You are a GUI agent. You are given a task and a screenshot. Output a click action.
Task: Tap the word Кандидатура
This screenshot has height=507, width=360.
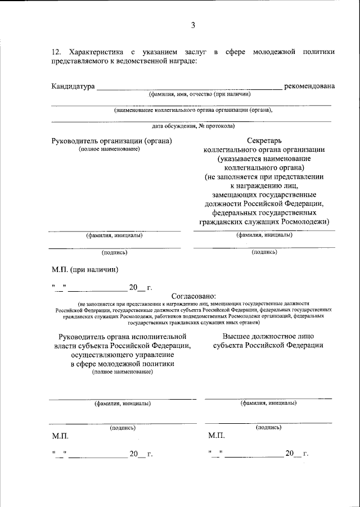[73, 86]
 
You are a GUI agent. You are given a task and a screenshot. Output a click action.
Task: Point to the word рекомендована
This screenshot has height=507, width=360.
[309, 86]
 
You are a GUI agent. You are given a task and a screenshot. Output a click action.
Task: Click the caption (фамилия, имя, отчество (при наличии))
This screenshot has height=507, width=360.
[191, 94]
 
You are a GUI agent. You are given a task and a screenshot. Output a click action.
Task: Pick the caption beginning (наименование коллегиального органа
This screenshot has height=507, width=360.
[192, 110]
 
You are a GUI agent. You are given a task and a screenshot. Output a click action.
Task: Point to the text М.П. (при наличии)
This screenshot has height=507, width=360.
[85, 269]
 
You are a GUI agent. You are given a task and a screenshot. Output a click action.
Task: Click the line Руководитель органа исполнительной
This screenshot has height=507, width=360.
[122, 336]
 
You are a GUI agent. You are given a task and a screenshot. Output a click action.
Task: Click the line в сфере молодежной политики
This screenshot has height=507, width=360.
[122, 364]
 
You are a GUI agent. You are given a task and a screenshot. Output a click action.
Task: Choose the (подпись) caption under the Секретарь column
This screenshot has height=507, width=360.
[264, 252]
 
